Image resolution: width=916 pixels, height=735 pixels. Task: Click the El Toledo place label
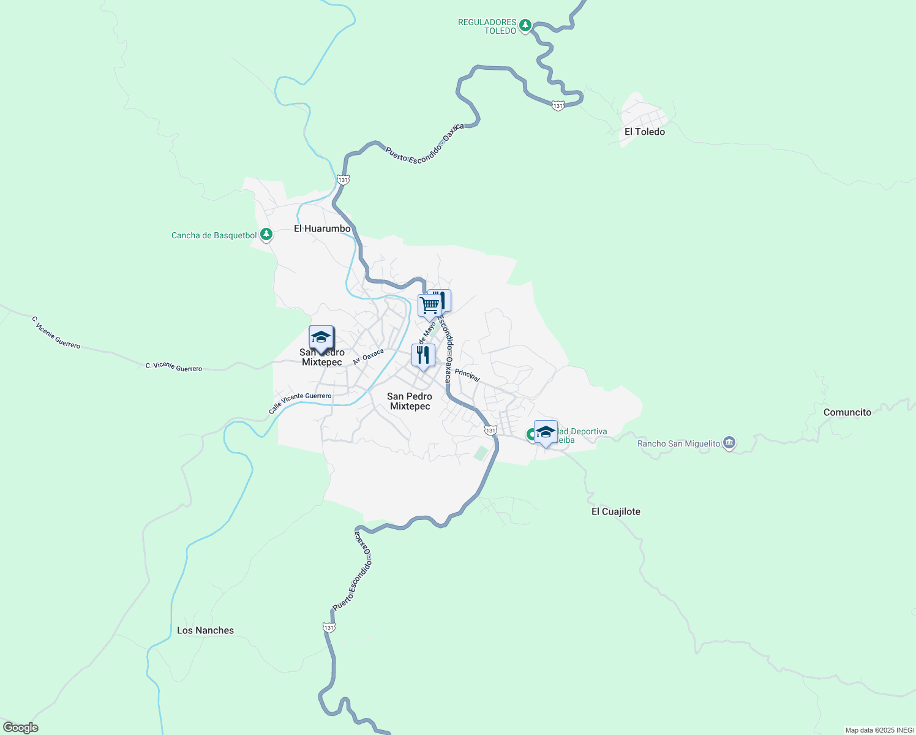coord(644,132)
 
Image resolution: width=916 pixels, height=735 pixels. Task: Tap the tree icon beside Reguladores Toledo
coord(525,26)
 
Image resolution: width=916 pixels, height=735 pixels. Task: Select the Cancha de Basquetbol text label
coord(214,235)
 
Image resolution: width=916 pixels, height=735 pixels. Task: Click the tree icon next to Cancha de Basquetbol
coord(266,234)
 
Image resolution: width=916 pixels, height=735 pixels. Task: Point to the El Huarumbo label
coord(322,228)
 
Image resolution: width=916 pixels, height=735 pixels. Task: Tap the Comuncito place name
coord(847,412)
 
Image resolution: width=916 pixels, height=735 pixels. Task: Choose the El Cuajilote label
coord(615,511)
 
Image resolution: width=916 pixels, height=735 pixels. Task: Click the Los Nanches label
coord(205,630)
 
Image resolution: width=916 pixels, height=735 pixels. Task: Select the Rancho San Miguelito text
coord(678,443)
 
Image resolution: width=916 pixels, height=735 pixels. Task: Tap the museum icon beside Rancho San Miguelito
coord(729,443)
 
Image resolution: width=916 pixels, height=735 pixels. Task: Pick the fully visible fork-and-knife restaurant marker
coord(423,355)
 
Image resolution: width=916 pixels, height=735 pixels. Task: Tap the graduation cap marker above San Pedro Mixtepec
coord(321,337)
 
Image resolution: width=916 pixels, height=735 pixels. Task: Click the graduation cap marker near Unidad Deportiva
coord(546,432)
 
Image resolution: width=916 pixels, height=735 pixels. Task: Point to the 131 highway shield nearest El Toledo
coord(557,106)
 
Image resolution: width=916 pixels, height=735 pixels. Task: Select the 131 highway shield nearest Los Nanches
coord(329,628)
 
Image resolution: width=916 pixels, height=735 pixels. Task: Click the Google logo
coord(20,728)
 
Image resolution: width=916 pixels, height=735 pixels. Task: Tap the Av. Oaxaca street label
coord(368,356)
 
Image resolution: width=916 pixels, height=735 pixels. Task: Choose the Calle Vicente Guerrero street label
coord(300,402)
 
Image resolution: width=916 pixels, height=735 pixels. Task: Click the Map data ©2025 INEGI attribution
coord(879,730)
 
